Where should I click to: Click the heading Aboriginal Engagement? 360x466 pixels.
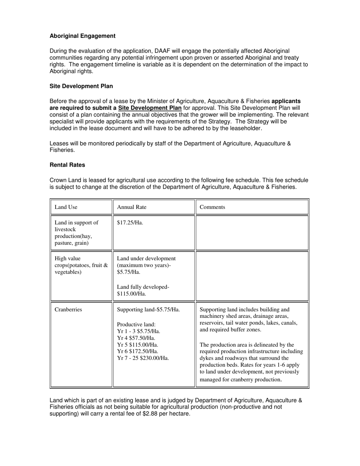click(82, 36)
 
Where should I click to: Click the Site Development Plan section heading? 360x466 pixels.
click(81, 86)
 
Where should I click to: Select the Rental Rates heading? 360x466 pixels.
click(67, 165)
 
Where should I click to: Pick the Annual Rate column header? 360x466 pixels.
click(131, 207)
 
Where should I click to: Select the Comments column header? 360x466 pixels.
click(212, 207)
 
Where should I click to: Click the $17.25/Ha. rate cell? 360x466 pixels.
click(130, 223)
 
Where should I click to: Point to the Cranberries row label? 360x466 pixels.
click(68, 310)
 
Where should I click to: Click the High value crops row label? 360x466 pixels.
click(81, 265)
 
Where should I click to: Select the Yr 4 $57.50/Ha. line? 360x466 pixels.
click(136, 338)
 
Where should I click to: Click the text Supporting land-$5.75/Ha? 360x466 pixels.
click(149, 310)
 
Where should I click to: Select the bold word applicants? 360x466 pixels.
click(286, 101)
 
